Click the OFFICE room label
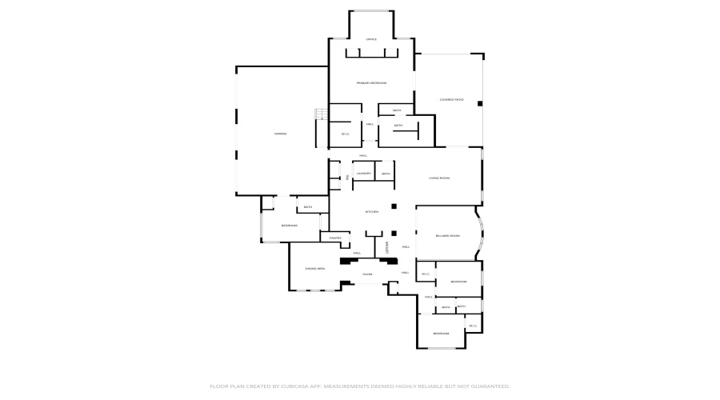[x=371, y=39]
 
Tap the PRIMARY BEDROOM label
[x=371, y=83]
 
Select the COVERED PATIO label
[x=451, y=99]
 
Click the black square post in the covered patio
[x=480, y=103]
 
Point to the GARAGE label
[x=281, y=134]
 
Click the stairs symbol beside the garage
[x=321, y=114]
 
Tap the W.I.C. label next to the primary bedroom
[x=346, y=134]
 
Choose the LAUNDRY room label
[x=363, y=174]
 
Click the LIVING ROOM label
[x=439, y=178]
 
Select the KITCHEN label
[x=371, y=211]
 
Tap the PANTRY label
[x=335, y=238]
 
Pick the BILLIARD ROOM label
[x=447, y=235]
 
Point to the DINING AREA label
[x=315, y=268]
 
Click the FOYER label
[x=367, y=274]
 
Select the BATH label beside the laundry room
[x=386, y=174]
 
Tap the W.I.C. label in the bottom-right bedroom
[x=472, y=326]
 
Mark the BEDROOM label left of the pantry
[x=289, y=226]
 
